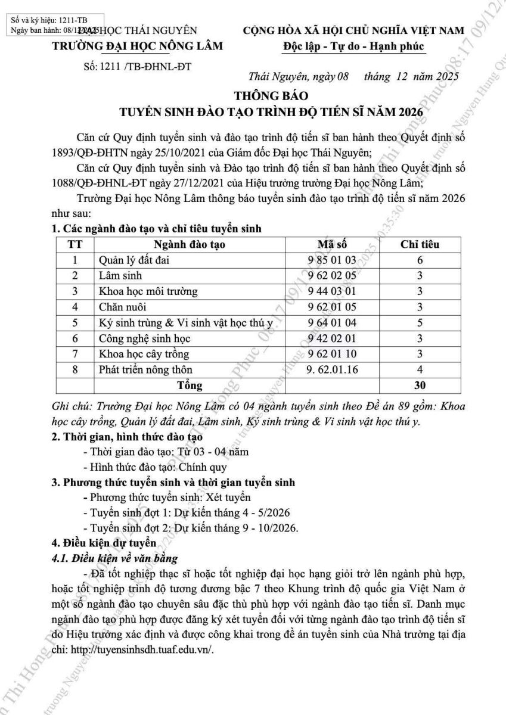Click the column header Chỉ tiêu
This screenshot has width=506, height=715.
pos(420,244)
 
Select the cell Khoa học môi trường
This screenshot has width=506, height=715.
pos(148,291)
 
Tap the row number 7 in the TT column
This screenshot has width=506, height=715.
pos(75,355)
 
